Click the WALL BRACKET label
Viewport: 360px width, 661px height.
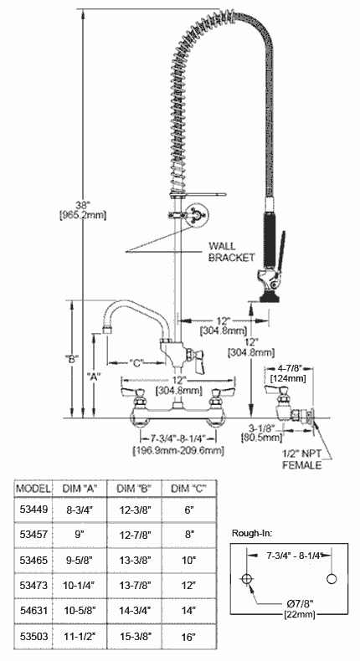point(232,251)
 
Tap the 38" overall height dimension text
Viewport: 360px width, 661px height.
point(82,205)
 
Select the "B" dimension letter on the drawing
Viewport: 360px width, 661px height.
point(72,359)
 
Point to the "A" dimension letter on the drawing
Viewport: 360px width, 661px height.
point(93,377)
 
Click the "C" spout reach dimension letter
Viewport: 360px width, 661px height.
point(136,362)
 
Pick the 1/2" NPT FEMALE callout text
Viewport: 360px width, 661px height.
point(301,459)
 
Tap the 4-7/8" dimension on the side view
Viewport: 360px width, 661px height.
point(287,369)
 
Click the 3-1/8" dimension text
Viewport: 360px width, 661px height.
point(261,428)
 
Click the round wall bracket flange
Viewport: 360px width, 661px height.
point(198,214)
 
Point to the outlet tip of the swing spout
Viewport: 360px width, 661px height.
point(109,327)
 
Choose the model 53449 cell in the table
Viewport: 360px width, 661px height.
point(33,510)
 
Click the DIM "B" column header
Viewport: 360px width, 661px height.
point(134,489)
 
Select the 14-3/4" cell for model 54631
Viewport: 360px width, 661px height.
point(134,610)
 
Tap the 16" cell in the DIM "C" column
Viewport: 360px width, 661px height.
point(188,636)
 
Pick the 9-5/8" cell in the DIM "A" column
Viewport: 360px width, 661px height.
point(79,561)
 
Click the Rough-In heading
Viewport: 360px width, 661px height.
point(252,533)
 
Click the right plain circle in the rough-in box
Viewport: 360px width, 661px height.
point(332,579)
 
